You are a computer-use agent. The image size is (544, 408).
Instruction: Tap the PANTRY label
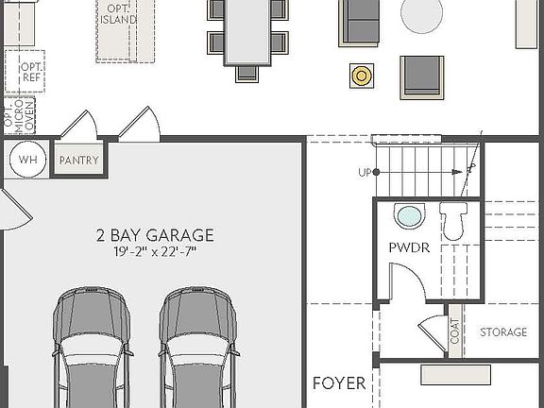point(78,161)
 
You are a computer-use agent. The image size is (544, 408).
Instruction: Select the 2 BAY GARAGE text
point(155,234)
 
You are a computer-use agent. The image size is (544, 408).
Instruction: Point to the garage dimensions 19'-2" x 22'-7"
point(155,251)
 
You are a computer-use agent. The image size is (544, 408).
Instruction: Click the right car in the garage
point(195,349)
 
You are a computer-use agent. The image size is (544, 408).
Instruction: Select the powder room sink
point(409,216)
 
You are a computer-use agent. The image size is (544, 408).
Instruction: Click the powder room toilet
point(452,222)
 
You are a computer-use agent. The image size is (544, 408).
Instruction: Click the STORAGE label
point(502,332)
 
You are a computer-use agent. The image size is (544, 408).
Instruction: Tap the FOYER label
point(339,383)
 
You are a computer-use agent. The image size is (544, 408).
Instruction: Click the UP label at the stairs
point(365,173)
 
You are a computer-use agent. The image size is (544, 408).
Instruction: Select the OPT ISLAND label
point(121,13)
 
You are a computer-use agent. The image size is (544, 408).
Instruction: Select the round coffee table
point(421,15)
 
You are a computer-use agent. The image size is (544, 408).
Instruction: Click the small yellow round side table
point(360,75)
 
